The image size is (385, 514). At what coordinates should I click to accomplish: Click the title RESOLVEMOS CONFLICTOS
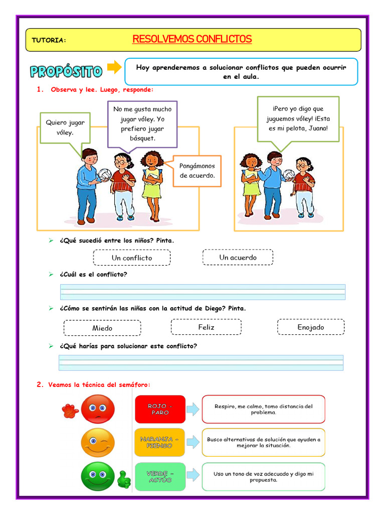coord(192,39)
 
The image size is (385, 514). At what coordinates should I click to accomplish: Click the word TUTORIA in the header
coord(48,40)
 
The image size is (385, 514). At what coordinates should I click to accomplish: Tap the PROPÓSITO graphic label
coord(66,71)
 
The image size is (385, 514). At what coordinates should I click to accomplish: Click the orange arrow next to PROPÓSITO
coord(115,67)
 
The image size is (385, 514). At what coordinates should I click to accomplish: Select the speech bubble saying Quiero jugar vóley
coord(65,127)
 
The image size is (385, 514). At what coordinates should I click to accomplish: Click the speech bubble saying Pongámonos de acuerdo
coord(197,171)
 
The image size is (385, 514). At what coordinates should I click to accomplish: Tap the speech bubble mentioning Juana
coord(298,118)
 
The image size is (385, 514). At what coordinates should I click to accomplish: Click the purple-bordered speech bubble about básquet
coord(142,123)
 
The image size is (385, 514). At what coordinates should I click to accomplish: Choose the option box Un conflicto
coord(132,258)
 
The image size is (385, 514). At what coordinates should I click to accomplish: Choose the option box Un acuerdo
coord(238,257)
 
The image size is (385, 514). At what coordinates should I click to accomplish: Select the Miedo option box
coord(102,328)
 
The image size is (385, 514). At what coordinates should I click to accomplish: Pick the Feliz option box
coord(206,327)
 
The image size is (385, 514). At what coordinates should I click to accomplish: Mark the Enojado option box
coord(310,327)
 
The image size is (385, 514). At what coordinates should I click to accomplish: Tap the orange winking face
coord(98,442)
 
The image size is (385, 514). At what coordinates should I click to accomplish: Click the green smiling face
coord(98,476)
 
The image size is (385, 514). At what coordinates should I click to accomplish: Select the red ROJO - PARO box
coord(160,409)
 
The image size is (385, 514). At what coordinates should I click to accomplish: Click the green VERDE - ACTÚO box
coord(160,476)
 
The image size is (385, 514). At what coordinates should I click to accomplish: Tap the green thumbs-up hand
coord(123,479)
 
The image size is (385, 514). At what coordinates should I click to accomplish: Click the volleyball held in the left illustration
coord(105,175)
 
